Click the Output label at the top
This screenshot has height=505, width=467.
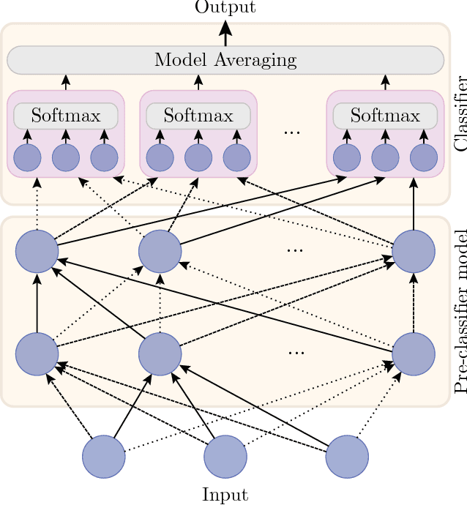[x=225, y=7]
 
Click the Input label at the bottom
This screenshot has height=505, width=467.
[x=225, y=495]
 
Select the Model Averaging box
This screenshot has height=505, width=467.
[x=225, y=59]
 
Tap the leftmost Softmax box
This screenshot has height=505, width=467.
[x=66, y=116]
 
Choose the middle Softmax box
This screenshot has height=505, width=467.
[x=198, y=116]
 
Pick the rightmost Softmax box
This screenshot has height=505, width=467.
[x=385, y=116]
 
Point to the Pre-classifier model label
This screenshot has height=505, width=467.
[x=460, y=311]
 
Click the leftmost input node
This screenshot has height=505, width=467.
[x=103, y=457]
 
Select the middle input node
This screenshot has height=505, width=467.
[x=225, y=457]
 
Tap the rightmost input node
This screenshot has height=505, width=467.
[x=346, y=457]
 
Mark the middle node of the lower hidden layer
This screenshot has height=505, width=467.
[x=160, y=354]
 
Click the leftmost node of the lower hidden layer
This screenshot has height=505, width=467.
[x=37, y=354]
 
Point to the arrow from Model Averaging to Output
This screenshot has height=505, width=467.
[x=225, y=33]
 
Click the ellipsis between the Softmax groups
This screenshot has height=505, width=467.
[x=292, y=132]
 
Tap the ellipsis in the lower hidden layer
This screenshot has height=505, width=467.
[x=296, y=353]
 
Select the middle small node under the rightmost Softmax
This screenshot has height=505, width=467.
[x=385, y=158]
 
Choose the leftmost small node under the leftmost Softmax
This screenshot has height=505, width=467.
[x=28, y=158]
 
